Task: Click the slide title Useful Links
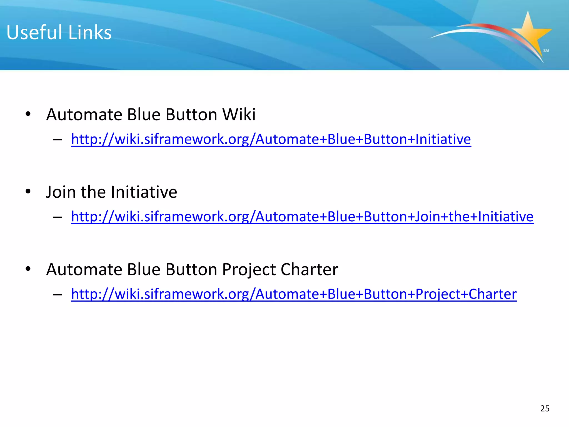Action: pos(59,33)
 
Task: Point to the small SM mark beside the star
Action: pos(546,51)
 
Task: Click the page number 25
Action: pos(545,408)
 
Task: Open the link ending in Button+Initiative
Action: pos(271,139)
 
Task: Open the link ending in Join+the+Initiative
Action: pos(302,216)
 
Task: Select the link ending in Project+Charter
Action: pos(294,294)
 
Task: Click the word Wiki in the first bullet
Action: pos(239,115)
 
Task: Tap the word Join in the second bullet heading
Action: pos(61,192)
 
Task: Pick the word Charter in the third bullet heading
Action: pos(309,269)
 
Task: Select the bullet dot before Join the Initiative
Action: pos(28,191)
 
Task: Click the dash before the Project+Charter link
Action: pos(57,294)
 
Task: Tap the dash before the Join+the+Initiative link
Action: pos(57,217)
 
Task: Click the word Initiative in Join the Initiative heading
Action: pos(144,192)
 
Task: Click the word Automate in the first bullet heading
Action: pos(84,115)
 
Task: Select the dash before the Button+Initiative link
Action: pos(57,140)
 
